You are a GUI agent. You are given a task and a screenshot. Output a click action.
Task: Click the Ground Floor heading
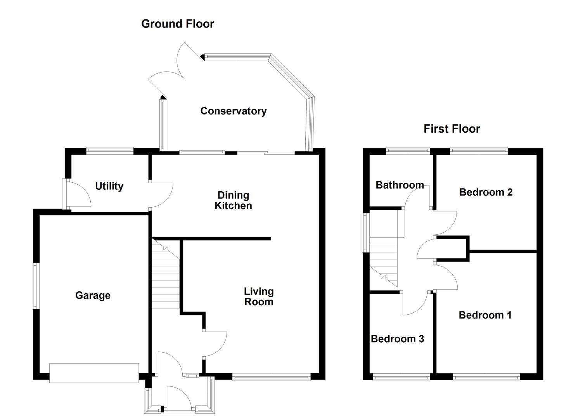(x=177, y=24)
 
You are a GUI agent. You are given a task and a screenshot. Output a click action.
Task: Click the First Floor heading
(x=451, y=129)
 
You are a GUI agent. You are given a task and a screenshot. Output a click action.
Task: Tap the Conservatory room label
(x=233, y=111)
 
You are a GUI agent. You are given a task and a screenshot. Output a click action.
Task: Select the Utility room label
(x=109, y=186)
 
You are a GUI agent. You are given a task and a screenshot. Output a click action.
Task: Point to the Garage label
(x=93, y=296)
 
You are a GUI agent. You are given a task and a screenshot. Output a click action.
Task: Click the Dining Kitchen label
(x=233, y=201)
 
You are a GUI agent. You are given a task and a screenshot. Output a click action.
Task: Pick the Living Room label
(x=258, y=297)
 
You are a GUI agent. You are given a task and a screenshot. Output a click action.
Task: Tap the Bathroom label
(x=400, y=185)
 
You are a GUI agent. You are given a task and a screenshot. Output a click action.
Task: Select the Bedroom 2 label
(x=486, y=192)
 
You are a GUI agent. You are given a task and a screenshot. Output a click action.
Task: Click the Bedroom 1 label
(x=485, y=315)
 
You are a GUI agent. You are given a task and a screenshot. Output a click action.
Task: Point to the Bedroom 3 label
(x=397, y=339)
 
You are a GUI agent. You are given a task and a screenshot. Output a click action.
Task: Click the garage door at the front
(x=94, y=373)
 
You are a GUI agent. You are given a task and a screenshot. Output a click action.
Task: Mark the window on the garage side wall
(x=36, y=286)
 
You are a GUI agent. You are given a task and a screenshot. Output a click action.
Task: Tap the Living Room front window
(x=271, y=376)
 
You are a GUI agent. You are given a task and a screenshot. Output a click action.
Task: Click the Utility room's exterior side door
(x=66, y=194)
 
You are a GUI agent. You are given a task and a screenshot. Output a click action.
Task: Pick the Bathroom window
(x=408, y=151)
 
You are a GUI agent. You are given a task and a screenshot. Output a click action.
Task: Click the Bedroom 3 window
(x=401, y=376)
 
